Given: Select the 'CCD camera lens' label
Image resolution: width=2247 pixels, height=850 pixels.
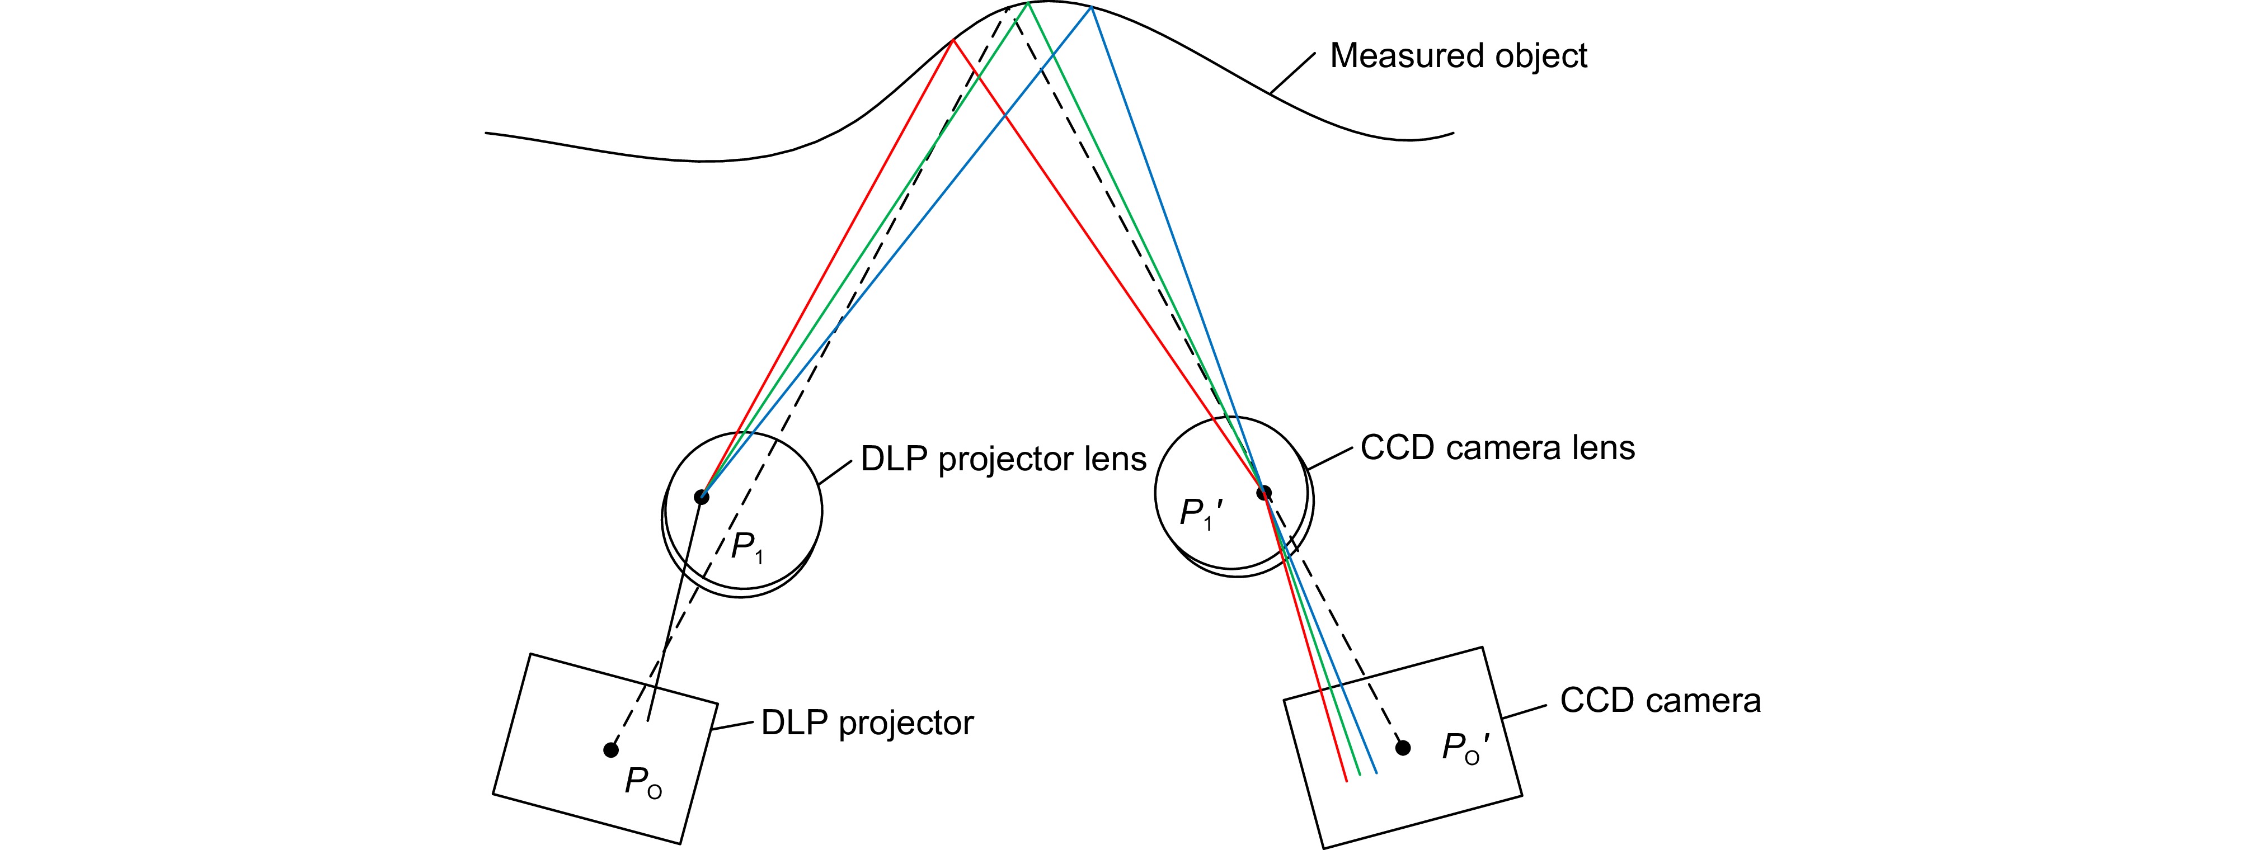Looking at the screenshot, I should click(x=1497, y=447).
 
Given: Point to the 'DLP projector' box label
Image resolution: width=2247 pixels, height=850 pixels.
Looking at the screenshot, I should click(x=867, y=722).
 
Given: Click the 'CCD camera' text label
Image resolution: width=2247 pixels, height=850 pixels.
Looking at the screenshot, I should click(x=1660, y=701).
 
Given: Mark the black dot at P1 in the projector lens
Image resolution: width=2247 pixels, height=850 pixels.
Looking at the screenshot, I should click(x=701, y=497).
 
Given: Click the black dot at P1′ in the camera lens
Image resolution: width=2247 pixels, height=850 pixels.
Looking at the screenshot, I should click(x=1263, y=493).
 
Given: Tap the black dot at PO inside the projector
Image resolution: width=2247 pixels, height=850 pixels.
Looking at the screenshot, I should click(x=610, y=750).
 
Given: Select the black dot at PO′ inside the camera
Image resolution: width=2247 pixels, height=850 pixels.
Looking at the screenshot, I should click(x=1403, y=747).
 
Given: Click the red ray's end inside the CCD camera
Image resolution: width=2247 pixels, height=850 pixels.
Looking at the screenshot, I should click(x=1348, y=781).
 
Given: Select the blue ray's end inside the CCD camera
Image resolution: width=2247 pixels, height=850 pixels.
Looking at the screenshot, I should click(x=1376, y=772).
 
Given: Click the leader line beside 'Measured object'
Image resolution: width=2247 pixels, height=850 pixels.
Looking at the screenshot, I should click(x=1292, y=73).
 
